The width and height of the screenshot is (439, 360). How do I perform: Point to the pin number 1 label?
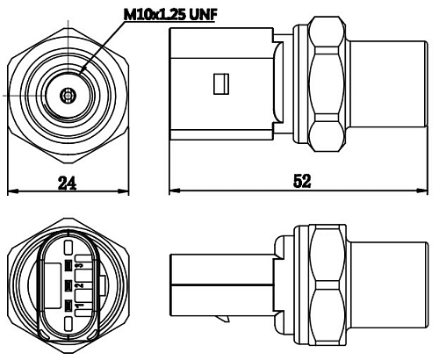79,305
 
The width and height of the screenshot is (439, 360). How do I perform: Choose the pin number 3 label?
79,264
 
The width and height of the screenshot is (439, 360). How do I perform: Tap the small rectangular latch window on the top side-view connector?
220,84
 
